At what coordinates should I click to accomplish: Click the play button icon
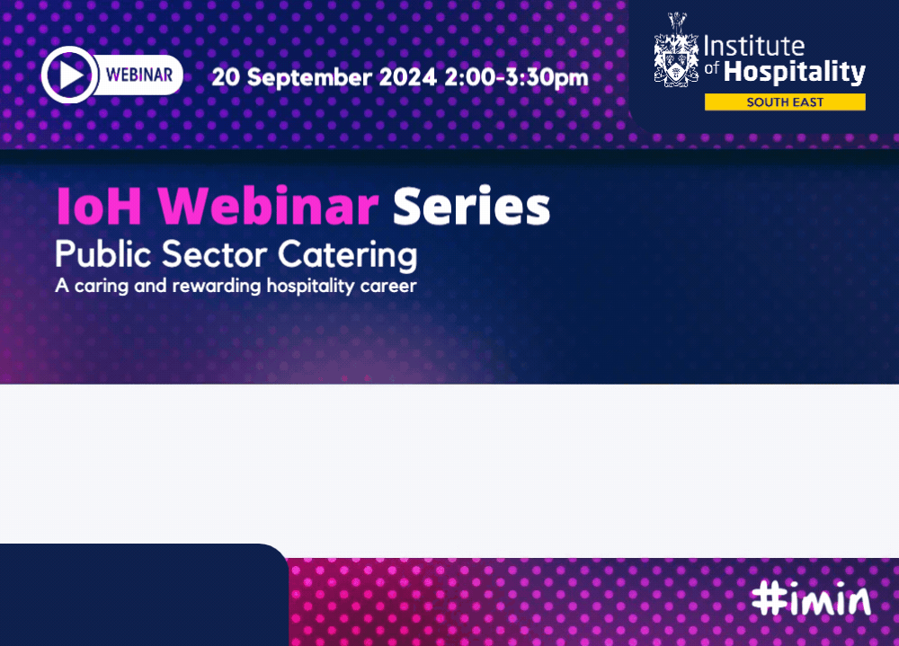pyautogui.click(x=69, y=75)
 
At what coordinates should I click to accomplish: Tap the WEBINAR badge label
pyautogui.click(x=139, y=75)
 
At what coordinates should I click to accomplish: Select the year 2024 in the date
pyautogui.click(x=408, y=77)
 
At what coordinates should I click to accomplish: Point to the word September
pyautogui.click(x=309, y=78)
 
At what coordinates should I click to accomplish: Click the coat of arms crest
pyautogui.click(x=677, y=50)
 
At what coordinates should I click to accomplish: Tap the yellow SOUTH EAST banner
pyautogui.click(x=785, y=102)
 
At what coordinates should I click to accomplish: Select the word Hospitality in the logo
pyautogui.click(x=795, y=72)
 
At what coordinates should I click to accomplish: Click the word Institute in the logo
pyautogui.click(x=754, y=47)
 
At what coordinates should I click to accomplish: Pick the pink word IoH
pyautogui.click(x=99, y=207)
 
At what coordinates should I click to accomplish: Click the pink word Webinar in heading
pyautogui.click(x=268, y=206)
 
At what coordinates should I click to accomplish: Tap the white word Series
pyautogui.click(x=471, y=206)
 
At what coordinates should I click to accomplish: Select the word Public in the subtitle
pyautogui.click(x=103, y=254)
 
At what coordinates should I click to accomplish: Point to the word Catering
pyautogui.click(x=347, y=256)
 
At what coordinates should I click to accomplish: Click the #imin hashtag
pyautogui.click(x=811, y=599)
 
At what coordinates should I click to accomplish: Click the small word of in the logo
pyautogui.click(x=711, y=68)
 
